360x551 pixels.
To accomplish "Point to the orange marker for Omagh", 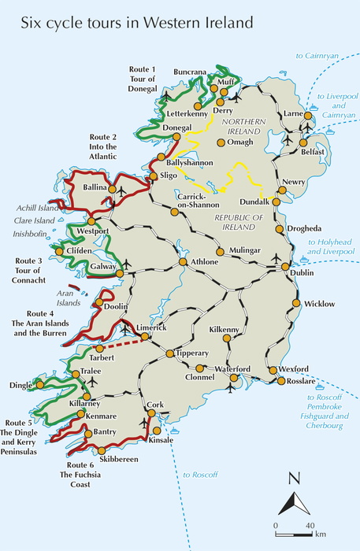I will coord(221,142).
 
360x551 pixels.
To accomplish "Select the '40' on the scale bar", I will coord(310,525).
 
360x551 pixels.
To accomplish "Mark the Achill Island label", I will coord(36,208).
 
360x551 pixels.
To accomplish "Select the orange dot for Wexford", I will coord(273,370).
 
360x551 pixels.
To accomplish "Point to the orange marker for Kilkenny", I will coord(227,338).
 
